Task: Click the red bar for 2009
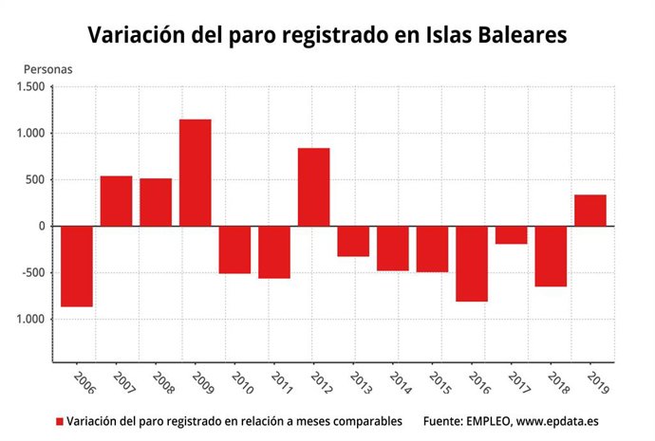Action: (195, 173)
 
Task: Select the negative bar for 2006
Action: (76, 266)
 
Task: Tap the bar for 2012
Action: (313, 187)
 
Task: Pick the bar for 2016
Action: (472, 264)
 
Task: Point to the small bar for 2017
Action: (511, 235)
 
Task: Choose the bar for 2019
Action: (590, 211)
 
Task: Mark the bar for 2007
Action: (116, 201)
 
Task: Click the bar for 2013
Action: (353, 241)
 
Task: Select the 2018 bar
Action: (551, 256)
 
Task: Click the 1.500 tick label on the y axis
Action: (30, 87)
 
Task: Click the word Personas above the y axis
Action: (47, 69)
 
